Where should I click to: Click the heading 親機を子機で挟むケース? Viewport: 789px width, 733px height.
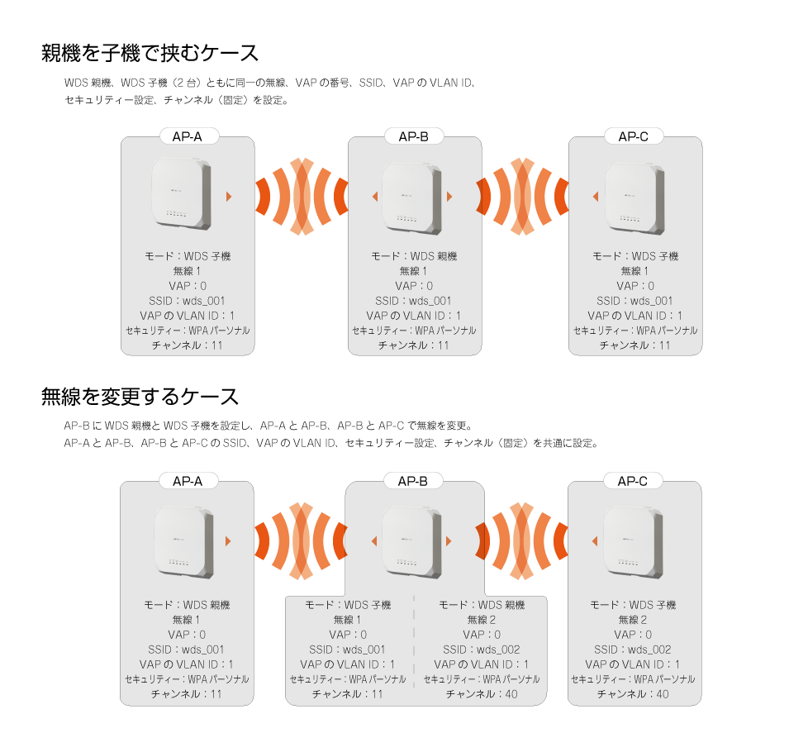tap(150, 53)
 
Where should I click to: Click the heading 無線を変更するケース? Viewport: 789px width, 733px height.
tap(140, 397)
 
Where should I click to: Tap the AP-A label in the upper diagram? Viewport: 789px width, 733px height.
tap(188, 137)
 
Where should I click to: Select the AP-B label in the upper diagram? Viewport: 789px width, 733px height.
tap(414, 137)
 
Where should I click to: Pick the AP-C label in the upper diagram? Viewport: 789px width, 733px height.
tap(633, 137)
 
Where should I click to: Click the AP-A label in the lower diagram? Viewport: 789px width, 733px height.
tap(188, 482)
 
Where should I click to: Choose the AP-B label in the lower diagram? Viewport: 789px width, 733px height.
tap(412, 482)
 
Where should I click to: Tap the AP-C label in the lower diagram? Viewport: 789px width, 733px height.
tap(633, 482)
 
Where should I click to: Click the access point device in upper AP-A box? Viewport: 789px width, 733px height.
tap(181, 194)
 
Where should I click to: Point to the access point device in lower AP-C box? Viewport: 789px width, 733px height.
tap(633, 543)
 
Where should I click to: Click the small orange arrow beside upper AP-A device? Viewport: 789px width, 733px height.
tap(229, 197)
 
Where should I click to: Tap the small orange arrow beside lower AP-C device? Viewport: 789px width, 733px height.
tap(595, 541)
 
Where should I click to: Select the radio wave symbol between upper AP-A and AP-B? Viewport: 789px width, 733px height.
tap(302, 197)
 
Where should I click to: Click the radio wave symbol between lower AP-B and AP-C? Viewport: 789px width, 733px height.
tap(522, 541)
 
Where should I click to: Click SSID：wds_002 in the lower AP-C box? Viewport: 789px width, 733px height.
tap(633, 650)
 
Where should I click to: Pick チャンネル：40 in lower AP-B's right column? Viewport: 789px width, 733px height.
tap(482, 694)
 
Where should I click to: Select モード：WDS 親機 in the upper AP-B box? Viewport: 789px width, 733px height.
tap(414, 256)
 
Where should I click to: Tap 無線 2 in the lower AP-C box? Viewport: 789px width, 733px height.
tap(633, 620)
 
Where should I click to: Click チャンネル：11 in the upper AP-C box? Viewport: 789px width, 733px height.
tap(635, 345)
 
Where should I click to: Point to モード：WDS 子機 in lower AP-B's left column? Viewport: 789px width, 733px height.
tap(348, 605)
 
